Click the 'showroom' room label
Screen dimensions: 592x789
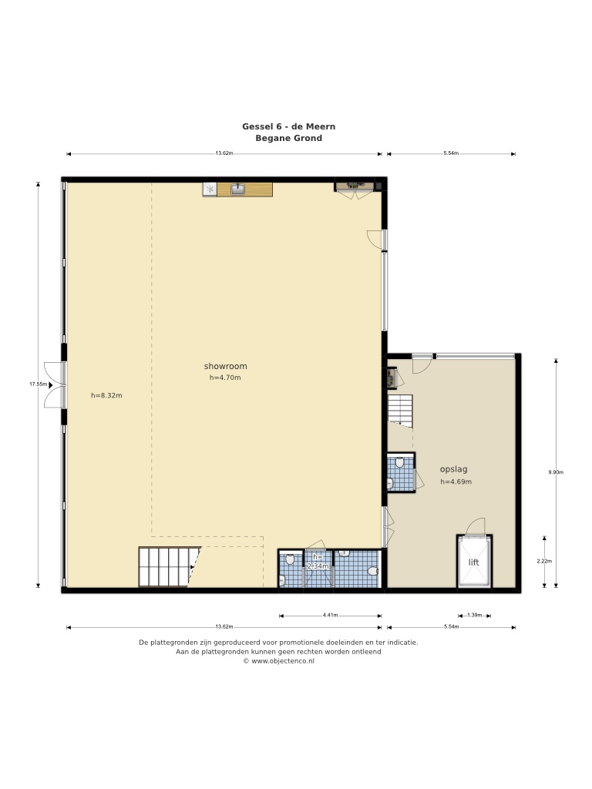pos(226,366)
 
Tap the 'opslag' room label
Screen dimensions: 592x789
pos(453,469)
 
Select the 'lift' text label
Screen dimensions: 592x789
pos(474,562)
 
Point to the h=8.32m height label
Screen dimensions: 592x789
pos(106,395)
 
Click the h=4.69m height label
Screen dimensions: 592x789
pos(456,482)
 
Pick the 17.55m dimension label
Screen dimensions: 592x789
pos(38,384)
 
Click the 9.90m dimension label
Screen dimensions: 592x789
pos(556,472)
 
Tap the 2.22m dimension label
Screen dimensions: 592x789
pos(544,561)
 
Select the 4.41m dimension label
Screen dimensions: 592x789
pos(330,615)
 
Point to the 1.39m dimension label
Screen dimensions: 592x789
pos(475,615)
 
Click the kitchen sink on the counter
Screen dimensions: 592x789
pos(237,190)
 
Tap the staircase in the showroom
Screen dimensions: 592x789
pos(169,567)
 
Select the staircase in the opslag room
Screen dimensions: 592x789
pos(400,411)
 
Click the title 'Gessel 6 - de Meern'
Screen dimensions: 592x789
pos(288,126)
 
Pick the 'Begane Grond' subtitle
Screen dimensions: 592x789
pos(288,138)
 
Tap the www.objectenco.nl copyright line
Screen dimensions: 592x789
pos(279,661)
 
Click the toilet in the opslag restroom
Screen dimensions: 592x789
pos(400,462)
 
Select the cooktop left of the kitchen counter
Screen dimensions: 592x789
pos(210,190)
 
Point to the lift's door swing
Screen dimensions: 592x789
pos(475,526)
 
